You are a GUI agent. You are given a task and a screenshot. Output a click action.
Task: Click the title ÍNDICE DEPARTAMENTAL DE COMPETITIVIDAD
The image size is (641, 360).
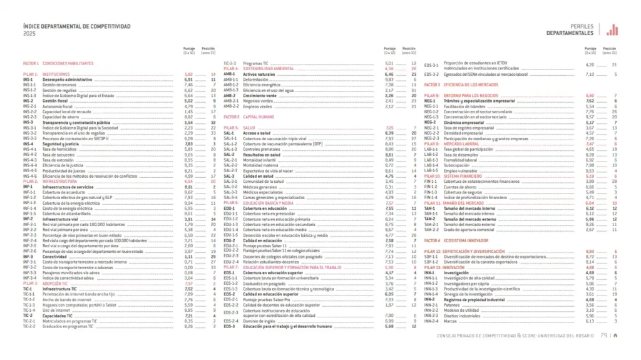[76, 27]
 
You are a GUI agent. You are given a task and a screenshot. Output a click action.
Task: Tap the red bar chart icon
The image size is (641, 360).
[612, 29]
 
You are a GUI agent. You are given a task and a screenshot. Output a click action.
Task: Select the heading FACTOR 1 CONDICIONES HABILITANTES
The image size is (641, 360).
[58, 63]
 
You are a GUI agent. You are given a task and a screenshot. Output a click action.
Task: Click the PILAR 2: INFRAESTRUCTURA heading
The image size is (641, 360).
[48, 181]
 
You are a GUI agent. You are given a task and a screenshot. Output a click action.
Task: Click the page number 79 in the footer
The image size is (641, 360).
[603, 334]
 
